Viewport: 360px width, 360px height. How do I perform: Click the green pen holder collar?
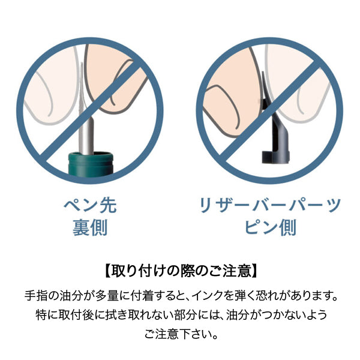[91, 163]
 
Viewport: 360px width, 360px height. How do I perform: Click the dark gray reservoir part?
[274, 128]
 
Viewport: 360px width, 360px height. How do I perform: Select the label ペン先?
[90, 205]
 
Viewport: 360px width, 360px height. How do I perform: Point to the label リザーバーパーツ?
[270, 205]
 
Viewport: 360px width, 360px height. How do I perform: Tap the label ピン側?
[270, 227]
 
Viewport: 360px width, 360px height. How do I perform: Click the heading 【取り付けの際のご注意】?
[180, 271]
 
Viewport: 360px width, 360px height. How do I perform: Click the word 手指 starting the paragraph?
[36, 296]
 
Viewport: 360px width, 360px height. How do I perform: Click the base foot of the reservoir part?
[275, 157]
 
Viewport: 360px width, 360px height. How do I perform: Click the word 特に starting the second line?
[47, 315]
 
